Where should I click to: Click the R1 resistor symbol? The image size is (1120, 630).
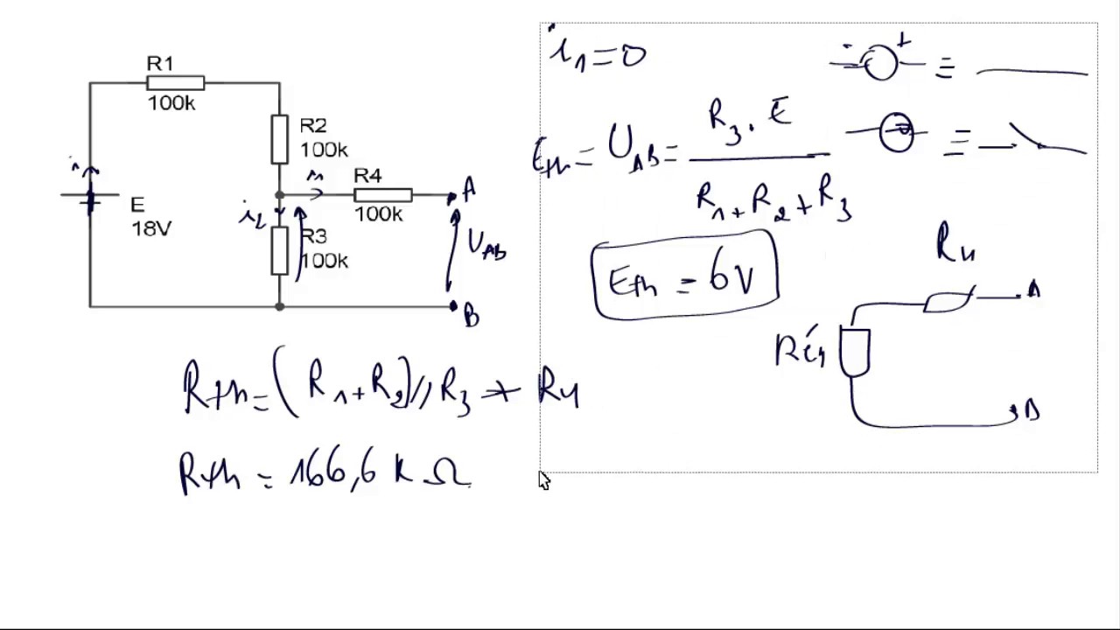[x=176, y=83]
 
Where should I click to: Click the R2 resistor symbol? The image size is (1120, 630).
[x=279, y=139]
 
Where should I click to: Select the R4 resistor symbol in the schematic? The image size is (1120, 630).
[x=382, y=195]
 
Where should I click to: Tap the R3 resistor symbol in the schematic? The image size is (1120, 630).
[x=279, y=250]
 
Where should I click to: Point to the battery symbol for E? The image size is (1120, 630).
[x=90, y=199]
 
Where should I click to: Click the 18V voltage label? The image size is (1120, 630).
[x=151, y=228]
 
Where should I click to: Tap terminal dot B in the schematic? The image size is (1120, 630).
[x=453, y=305]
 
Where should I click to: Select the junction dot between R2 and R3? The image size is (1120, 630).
[x=279, y=195]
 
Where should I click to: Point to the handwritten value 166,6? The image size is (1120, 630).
[x=333, y=472]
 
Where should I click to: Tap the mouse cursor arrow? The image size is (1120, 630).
[x=543, y=479]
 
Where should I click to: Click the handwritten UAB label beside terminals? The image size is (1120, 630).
[x=486, y=245]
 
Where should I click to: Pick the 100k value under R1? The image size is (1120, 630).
[x=171, y=103]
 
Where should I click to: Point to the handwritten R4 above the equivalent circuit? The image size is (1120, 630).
[x=955, y=243]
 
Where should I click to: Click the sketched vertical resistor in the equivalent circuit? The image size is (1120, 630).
[x=855, y=350]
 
